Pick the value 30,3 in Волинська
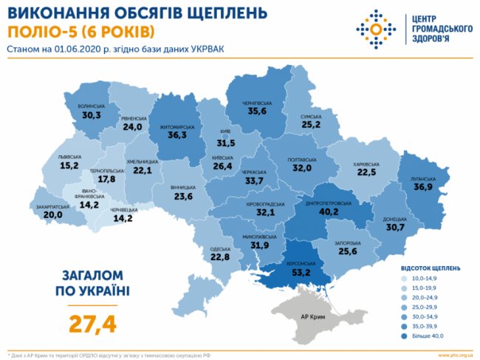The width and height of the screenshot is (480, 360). coord(92,116)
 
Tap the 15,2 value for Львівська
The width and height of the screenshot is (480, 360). coord(69,166)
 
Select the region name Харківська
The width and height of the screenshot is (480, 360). coord(366,164)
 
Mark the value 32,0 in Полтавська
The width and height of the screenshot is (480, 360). coord(304,168)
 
